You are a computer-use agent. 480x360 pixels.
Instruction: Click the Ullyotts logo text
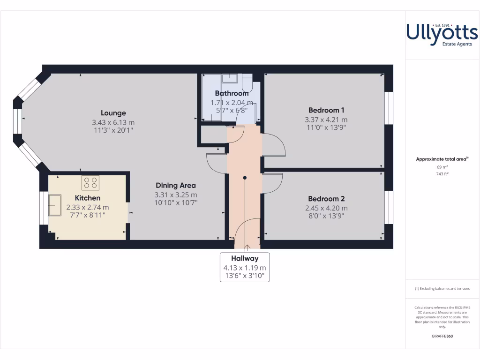point(442,33)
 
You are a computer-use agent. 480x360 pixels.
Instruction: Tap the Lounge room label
point(113,113)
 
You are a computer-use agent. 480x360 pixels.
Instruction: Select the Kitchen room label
point(88,198)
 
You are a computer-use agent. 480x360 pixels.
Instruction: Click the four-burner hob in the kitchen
point(91,182)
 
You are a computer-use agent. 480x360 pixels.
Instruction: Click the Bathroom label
point(232,93)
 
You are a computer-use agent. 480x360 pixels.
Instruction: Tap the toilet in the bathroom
point(247,83)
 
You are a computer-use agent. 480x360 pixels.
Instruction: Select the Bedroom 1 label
point(326,111)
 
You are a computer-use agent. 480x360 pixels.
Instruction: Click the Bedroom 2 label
point(326,199)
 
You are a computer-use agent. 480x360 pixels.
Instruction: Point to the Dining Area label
point(176,185)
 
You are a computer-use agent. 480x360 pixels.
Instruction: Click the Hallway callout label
point(245,258)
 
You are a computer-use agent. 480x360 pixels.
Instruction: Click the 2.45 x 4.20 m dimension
point(326,208)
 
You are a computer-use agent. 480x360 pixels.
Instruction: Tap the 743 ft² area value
point(442,174)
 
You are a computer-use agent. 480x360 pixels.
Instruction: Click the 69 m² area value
point(442,167)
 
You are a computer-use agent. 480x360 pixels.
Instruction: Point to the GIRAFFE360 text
point(442,336)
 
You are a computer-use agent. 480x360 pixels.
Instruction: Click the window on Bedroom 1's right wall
point(389,108)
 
